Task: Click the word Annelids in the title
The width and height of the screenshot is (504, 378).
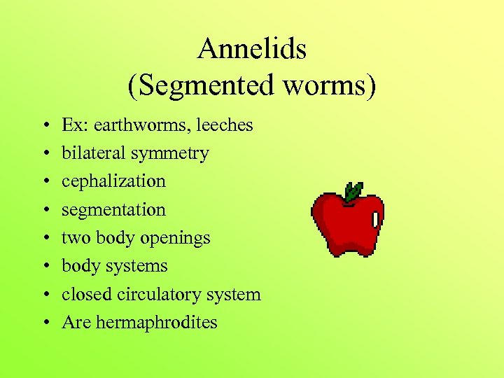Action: pos(252,49)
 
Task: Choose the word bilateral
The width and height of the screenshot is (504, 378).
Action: pos(93,153)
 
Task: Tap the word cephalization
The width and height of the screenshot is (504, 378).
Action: pos(113,181)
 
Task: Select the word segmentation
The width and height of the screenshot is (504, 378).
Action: pos(113,210)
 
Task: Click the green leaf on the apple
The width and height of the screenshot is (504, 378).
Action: pos(353,190)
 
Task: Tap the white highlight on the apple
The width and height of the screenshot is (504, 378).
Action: pos(376,219)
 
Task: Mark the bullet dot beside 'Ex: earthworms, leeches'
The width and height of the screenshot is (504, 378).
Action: pos(44,126)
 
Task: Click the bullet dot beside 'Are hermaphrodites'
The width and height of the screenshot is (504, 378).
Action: pos(44,323)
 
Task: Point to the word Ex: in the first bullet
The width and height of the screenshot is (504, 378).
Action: pos(72,125)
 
